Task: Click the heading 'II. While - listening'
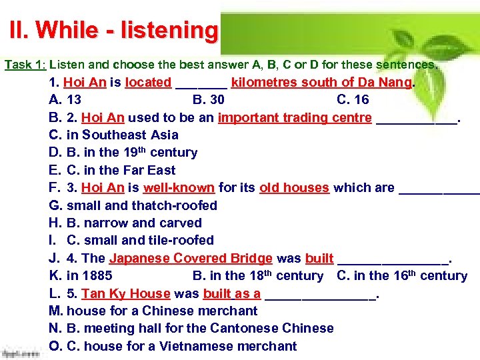click(113, 31)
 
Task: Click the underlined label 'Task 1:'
click(25, 65)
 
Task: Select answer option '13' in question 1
click(74, 100)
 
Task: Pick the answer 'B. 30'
click(208, 100)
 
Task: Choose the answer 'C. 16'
click(353, 100)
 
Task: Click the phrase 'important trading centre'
click(295, 118)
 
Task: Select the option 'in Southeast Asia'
click(123, 135)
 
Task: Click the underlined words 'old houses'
click(294, 188)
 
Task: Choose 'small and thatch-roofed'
click(142, 205)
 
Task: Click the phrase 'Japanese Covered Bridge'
click(191, 258)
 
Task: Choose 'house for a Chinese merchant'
click(162, 311)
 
